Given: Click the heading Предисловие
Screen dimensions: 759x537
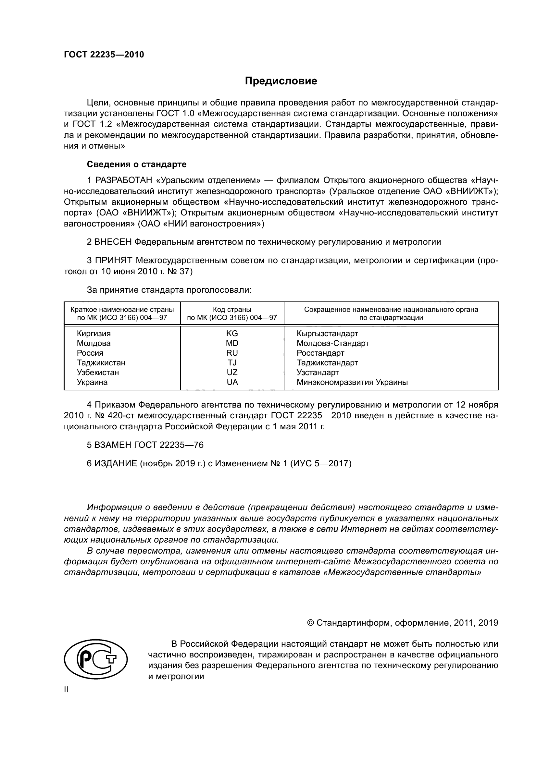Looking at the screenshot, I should click(x=281, y=81).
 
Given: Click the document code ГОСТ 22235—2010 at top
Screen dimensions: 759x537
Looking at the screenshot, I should click(x=104, y=55).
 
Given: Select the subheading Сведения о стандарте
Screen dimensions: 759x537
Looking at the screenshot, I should click(x=137, y=164).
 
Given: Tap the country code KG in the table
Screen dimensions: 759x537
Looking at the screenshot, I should click(x=232, y=333).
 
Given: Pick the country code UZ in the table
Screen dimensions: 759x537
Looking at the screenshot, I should click(x=232, y=372).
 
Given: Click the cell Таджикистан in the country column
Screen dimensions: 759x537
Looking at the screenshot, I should click(x=101, y=363).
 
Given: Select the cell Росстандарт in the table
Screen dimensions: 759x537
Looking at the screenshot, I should click(x=320, y=353).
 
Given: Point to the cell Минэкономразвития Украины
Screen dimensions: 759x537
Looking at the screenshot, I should click(x=352, y=382).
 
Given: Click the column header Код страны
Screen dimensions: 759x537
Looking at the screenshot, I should click(x=232, y=310).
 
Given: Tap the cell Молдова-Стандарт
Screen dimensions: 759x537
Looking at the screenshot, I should click(x=332, y=343).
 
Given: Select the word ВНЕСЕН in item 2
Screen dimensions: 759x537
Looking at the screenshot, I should click(x=113, y=242).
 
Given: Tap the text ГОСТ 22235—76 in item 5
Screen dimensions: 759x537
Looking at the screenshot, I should click(x=169, y=445).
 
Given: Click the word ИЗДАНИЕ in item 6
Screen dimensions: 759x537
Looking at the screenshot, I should click(x=116, y=463).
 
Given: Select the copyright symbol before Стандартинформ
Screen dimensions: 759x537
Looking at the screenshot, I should click(x=310, y=623).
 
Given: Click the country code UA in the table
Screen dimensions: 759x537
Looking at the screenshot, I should click(x=232, y=382).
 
